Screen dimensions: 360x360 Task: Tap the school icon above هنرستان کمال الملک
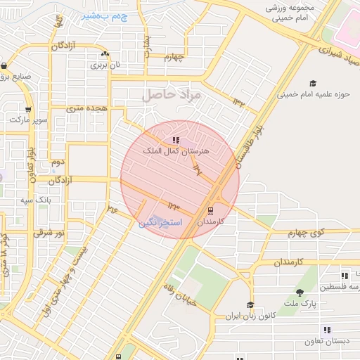tap(176, 140)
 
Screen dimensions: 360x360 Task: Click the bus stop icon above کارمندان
tap(210, 210)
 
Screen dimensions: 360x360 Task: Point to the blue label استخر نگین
tap(160, 222)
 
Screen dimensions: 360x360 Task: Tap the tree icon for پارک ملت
tap(300, 292)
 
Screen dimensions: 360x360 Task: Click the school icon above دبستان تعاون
tap(328, 330)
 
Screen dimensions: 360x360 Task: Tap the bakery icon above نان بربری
tap(105, 54)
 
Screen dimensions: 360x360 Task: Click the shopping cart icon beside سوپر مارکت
tap(28, 109)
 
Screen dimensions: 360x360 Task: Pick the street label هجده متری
tap(86, 108)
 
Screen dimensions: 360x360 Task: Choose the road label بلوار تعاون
tap(31, 163)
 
